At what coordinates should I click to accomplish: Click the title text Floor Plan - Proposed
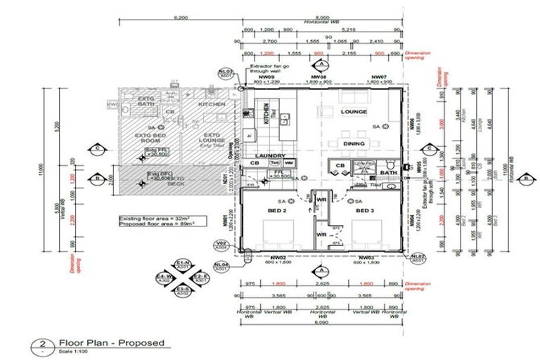pos(112,342)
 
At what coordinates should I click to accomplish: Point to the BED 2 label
pos(276,211)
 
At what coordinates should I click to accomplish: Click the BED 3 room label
pos(365,211)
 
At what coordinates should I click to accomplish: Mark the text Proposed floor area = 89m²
pos(155,225)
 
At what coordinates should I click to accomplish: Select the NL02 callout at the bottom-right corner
pos(417,257)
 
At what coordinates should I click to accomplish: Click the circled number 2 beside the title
pos(42,345)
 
